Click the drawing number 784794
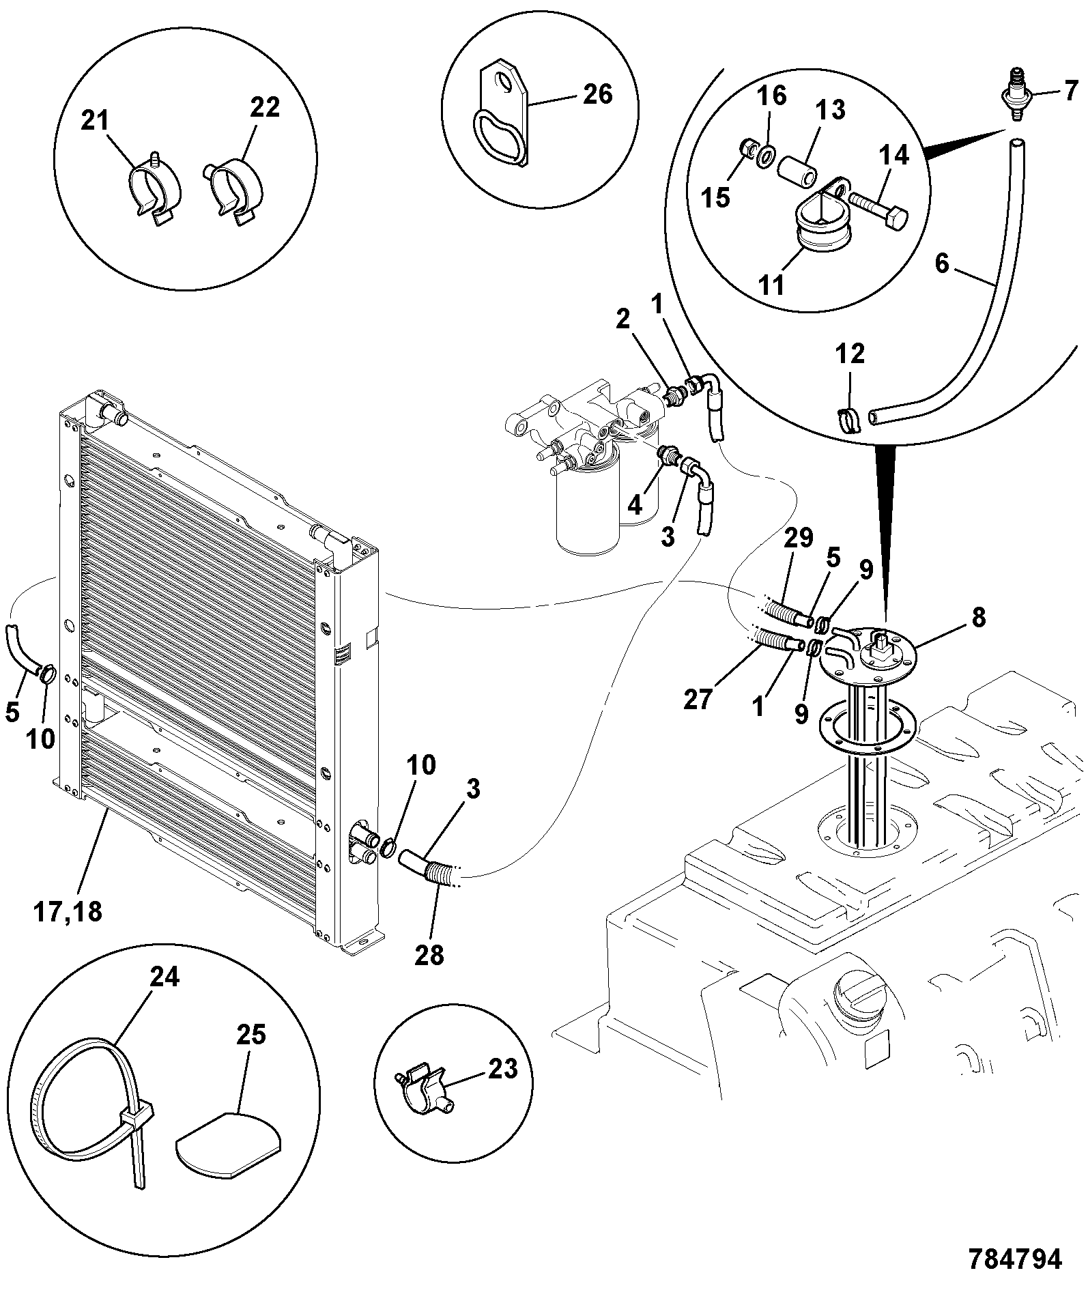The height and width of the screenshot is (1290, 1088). point(1015,1259)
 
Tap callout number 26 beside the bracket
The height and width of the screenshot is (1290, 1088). point(597,94)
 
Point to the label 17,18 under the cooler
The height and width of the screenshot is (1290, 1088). point(68,912)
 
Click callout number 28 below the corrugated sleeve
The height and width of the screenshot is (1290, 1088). point(429,954)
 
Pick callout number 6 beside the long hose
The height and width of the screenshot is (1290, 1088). point(942,263)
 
